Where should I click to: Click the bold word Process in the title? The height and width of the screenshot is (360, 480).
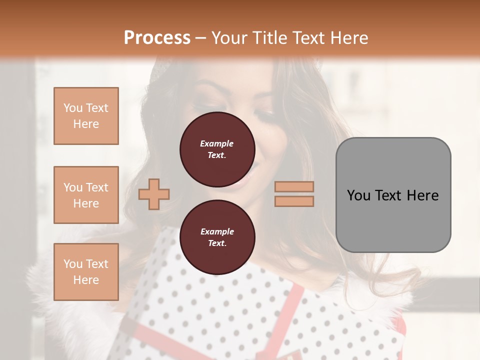point(157,38)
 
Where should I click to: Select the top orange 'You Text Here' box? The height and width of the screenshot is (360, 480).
point(86,116)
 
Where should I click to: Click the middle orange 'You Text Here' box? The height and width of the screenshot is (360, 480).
point(86,195)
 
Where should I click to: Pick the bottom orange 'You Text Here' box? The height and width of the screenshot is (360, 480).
point(86,271)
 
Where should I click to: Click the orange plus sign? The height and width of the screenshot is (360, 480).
point(154,194)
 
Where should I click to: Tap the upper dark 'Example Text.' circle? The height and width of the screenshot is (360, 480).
point(217,149)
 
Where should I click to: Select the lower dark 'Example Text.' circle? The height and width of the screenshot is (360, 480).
point(217,237)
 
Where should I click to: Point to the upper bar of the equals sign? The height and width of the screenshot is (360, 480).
point(294,187)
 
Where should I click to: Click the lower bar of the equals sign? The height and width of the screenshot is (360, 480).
point(294,201)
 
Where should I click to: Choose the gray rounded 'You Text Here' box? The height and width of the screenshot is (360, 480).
point(393,195)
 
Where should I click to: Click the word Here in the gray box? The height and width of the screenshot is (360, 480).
point(423,195)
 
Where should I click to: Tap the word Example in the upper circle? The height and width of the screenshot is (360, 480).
point(217,143)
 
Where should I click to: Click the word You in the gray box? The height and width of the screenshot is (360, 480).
point(359,195)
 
